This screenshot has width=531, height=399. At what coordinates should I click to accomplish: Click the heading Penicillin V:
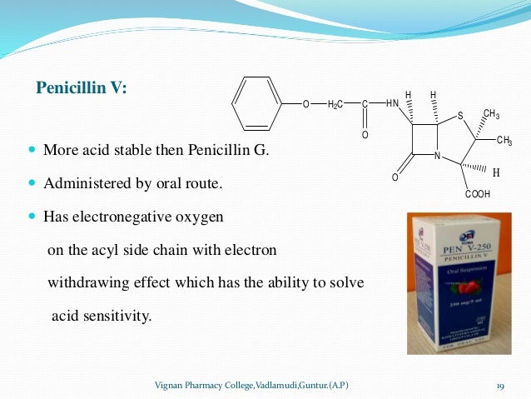(x=81, y=88)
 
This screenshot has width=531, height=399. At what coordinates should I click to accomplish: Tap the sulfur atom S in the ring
(x=459, y=115)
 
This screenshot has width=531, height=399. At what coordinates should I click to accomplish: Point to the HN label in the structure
(x=393, y=103)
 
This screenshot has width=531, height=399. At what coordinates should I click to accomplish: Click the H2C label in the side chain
(x=337, y=104)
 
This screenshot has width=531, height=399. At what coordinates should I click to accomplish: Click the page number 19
(x=500, y=385)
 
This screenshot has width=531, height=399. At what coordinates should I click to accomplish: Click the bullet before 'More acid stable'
(x=32, y=152)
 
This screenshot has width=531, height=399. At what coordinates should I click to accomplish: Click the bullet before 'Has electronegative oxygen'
(x=32, y=216)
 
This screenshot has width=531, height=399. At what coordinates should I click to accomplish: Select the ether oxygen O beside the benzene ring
(x=305, y=104)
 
